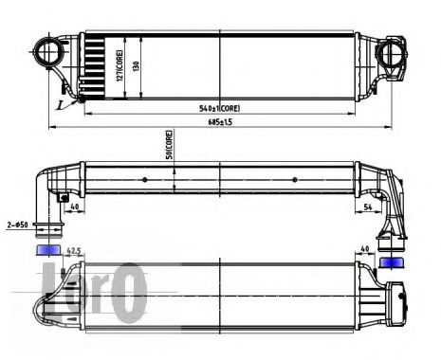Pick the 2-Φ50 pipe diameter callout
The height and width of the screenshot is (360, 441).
pos(18,225)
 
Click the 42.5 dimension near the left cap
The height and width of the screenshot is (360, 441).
pos(71,252)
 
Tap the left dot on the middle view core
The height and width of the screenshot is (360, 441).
pos(144,180)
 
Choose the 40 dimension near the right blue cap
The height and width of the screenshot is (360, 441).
pos(364,252)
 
